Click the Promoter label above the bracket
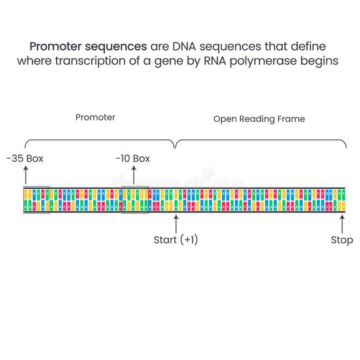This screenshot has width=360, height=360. coord(95,117)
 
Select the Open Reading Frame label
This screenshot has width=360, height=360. coord(259,119)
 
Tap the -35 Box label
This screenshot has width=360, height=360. coord(24,159)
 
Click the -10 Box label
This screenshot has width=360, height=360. coord(132,159)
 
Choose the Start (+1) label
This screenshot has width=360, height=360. coord(176,239)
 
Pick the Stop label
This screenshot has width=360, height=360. coord(342,240)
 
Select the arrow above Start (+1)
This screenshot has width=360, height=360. coord(176,223)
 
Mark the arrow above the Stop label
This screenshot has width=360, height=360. coord(342,223)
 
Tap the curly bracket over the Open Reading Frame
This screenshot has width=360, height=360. coord(261,141)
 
